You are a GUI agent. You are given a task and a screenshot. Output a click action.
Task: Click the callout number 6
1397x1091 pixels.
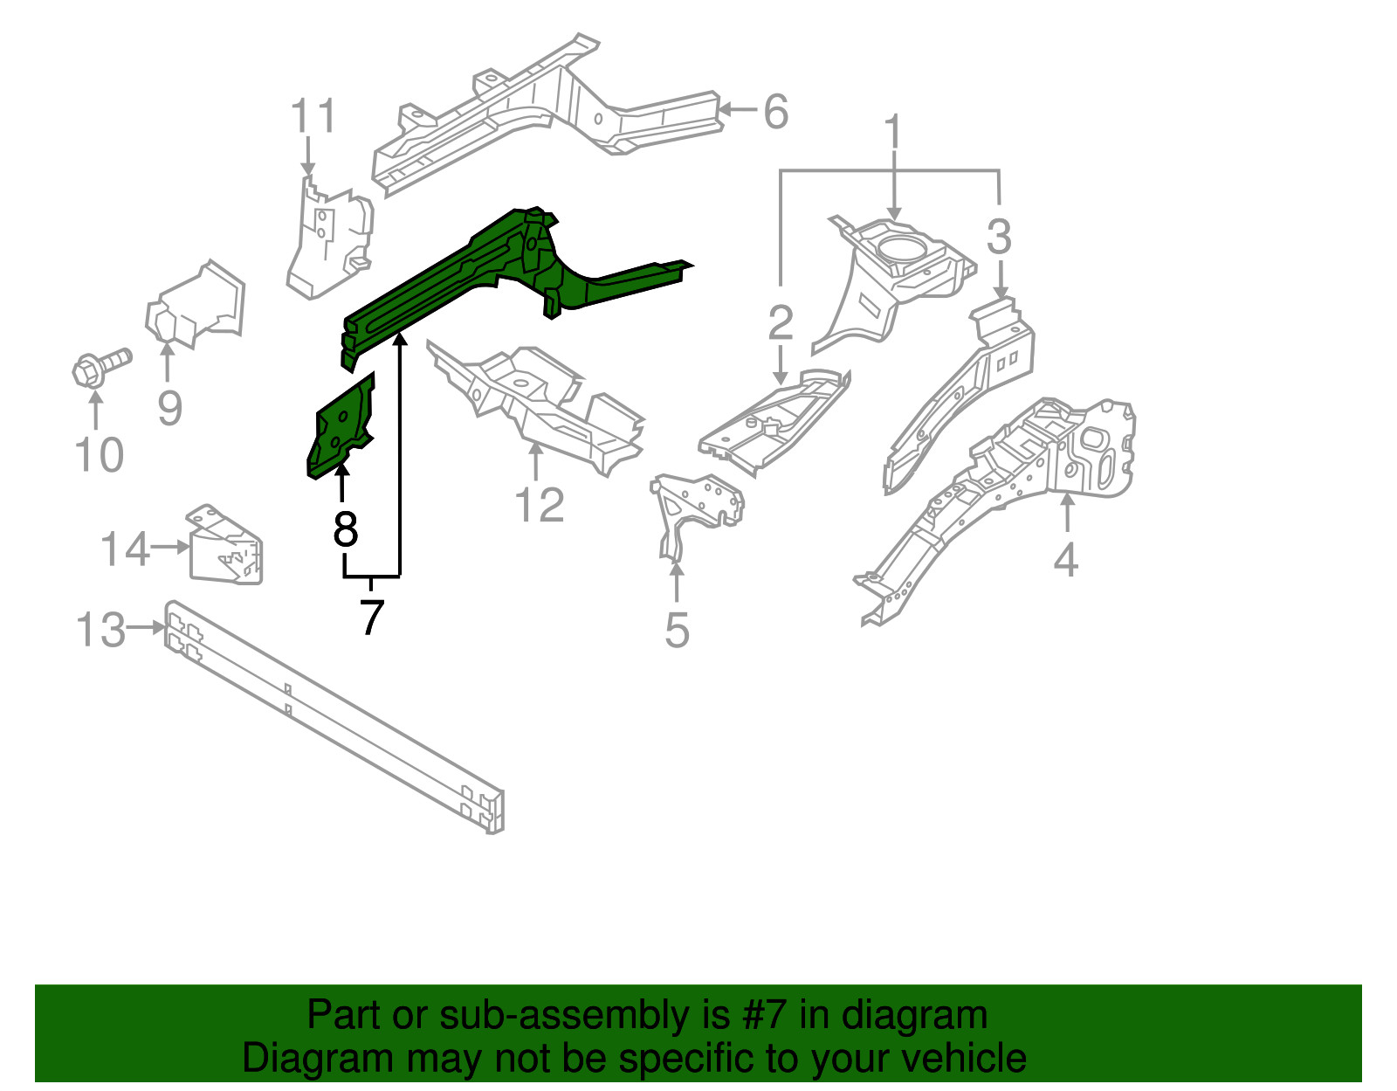(x=775, y=112)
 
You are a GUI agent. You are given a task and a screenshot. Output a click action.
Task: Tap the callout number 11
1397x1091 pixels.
(x=313, y=117)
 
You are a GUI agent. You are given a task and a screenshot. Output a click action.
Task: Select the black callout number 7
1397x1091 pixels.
(x=372, y=618)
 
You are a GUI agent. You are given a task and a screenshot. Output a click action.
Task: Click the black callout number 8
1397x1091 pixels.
(x=346, y=529)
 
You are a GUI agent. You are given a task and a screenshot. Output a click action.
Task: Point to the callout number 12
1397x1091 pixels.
(x=540, y=505)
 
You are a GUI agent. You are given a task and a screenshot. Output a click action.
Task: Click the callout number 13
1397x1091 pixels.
(x=101, y=629)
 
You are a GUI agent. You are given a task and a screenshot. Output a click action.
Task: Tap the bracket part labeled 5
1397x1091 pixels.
(x=694, y=507)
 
